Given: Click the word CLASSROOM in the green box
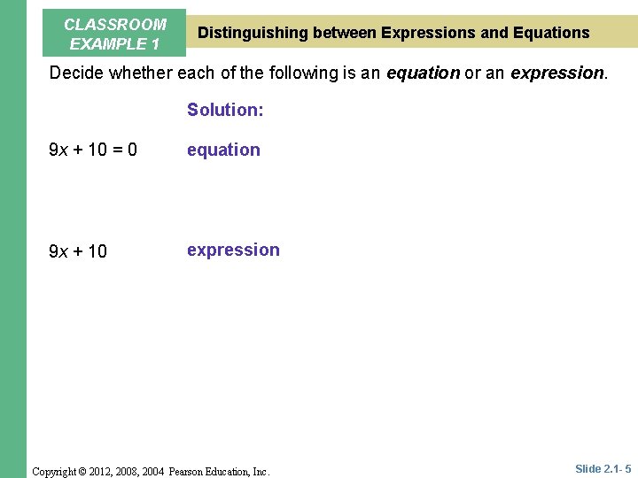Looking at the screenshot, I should point(115,25).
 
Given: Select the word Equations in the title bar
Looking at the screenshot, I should point(551,33).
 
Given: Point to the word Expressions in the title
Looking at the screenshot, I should point(429,33).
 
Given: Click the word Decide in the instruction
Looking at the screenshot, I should point(77,73).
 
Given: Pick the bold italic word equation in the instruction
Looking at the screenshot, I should point(423,73).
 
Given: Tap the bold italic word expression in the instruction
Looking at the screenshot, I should point(558,73).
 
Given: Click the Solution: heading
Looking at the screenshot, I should point(225,110).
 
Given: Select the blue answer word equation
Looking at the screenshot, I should point(223,150).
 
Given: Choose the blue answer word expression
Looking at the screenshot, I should point(233,251).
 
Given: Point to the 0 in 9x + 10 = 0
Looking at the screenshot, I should point(132,150).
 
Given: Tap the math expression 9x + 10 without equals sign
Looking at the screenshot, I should point(78,251).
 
